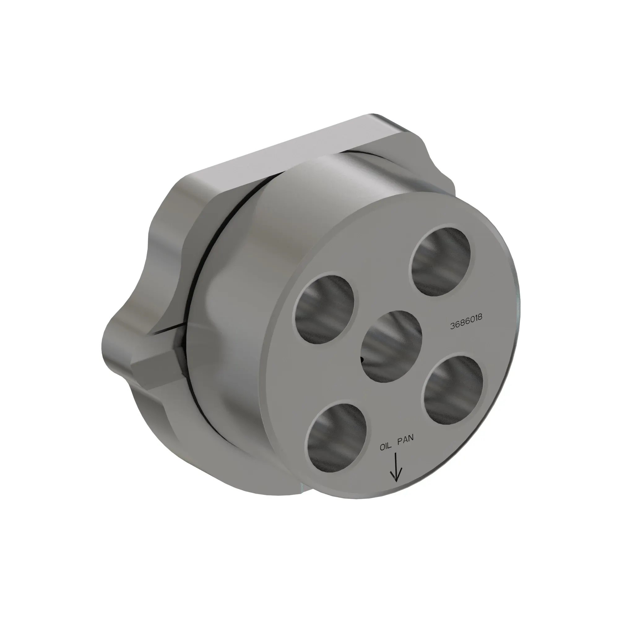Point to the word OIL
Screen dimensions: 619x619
point(386,446)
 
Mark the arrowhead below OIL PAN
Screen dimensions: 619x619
point(396,477)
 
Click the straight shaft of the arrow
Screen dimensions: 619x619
point(396,465)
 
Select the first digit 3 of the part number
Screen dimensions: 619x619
point(452,326)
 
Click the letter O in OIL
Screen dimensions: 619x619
point(382,447)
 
